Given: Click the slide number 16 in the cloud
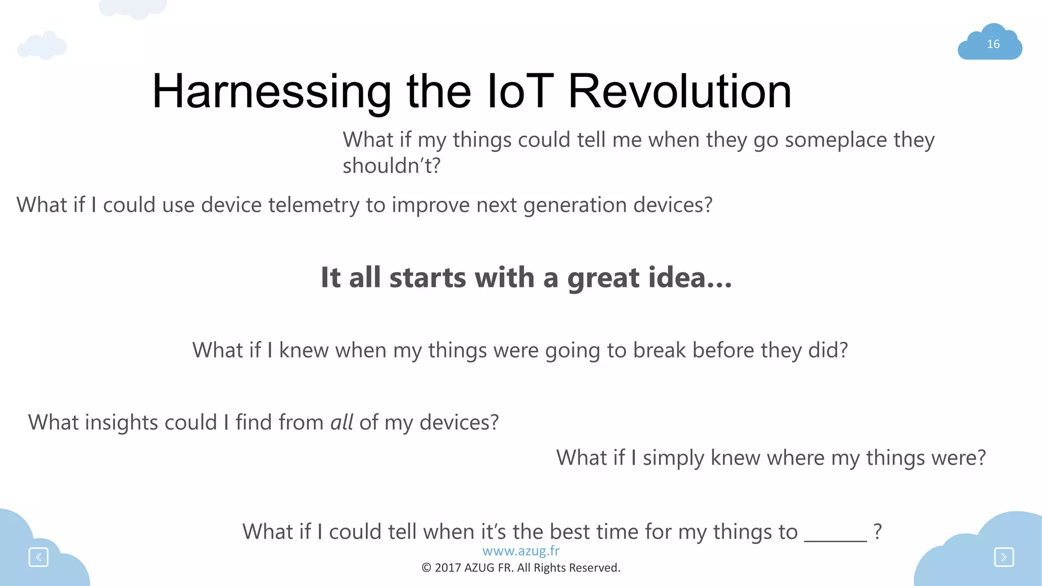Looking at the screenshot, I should click(993, 44).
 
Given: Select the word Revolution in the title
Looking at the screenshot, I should click(679, 92).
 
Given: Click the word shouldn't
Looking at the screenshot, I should click(391, 166).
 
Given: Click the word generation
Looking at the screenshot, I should click(574, 205).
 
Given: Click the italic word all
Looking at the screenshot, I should click(341, 423).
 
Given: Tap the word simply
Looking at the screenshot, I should click(673, 458).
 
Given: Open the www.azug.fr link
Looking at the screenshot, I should click(520, 551).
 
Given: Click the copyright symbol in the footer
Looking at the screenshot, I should click(426, 568).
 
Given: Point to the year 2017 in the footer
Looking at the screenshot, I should click(448, 568).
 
